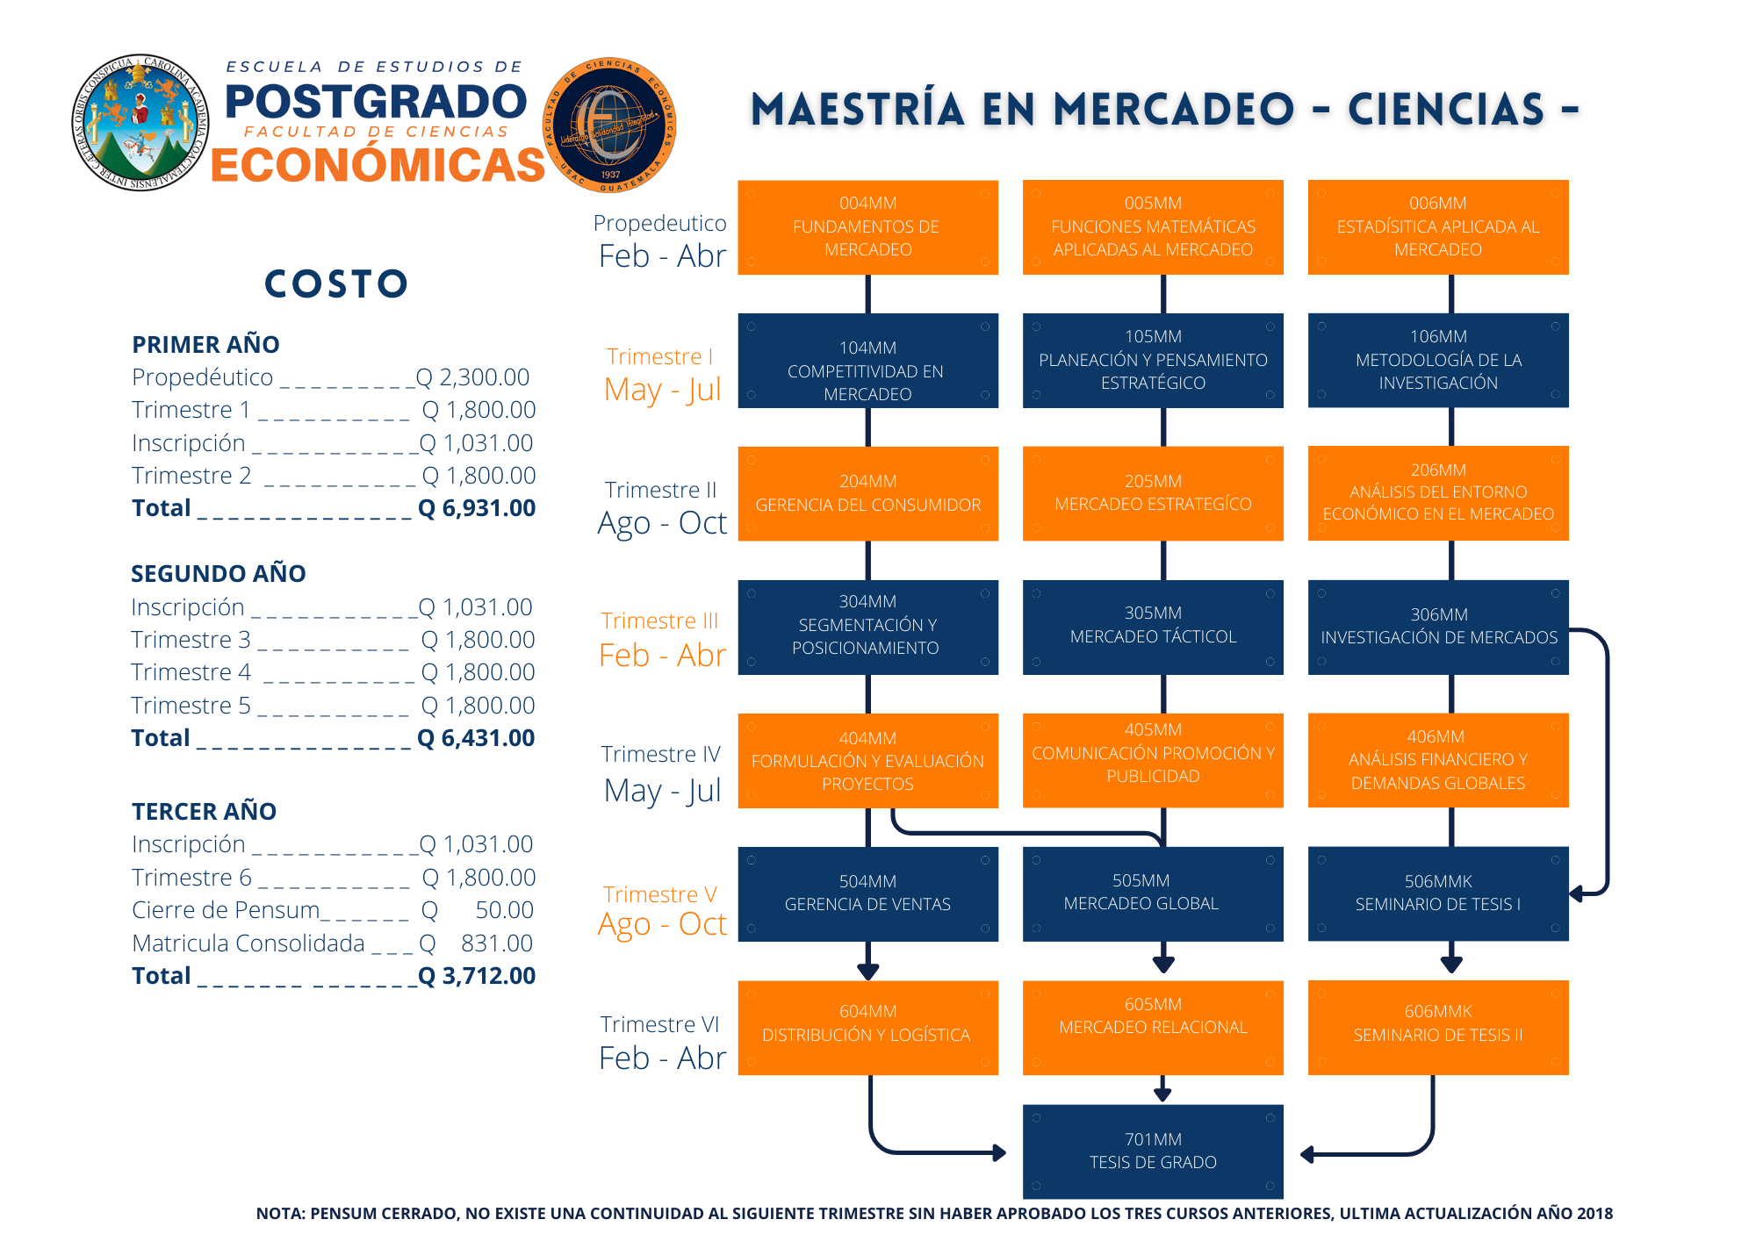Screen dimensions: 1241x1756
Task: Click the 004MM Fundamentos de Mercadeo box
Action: coord(867,227)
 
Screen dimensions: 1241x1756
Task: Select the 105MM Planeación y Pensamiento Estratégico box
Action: coord(1153,361)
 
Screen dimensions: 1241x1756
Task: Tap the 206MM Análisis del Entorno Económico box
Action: coord(1437,493)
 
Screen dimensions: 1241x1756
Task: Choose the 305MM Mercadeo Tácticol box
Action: coord(1153,627)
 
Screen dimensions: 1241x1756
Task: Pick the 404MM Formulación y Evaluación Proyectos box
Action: coord(867,761)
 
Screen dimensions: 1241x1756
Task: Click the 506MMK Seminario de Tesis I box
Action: coord(1437,893)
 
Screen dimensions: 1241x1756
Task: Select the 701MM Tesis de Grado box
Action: coord(1153,1151)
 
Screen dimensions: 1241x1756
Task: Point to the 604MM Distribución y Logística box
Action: coord(867,1027)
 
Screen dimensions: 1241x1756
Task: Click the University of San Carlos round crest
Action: coord(140,123)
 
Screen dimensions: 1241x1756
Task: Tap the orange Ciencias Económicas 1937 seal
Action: coord(609,126)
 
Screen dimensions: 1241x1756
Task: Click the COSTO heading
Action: coord(337,283)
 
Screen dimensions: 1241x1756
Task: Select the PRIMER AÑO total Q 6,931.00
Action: coord(477,508)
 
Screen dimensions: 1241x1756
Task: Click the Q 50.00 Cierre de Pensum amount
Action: coord(479,910)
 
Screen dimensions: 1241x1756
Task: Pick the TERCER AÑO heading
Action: coord(204,811)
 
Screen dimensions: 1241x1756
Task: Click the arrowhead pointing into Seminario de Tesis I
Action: coord(1577,893)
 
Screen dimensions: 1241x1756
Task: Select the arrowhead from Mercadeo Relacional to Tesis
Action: coord(1162,1094)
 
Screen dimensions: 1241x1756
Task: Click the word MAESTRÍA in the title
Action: coord(858,110)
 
